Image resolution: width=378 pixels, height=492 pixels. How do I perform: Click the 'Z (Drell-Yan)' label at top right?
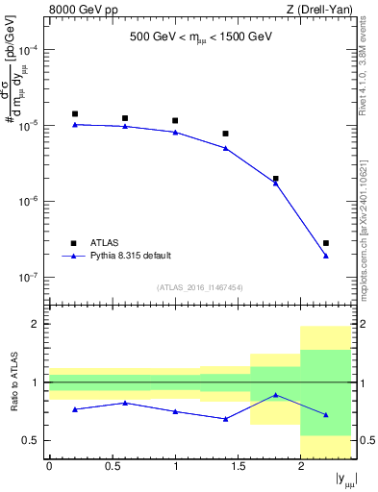coord(317,11)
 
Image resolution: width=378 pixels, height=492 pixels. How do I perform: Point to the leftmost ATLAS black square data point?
coord(75,113)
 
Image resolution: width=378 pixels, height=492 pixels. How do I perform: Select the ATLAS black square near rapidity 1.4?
coord(225,134)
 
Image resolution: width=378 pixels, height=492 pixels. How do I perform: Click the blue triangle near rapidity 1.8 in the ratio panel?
coord(276,395)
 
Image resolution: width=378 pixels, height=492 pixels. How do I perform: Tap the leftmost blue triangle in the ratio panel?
coord(75,409)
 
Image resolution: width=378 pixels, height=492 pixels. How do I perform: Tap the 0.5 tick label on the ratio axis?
coord(31,440)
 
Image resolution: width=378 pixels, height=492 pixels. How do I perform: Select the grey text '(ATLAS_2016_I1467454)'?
coord(200,287)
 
